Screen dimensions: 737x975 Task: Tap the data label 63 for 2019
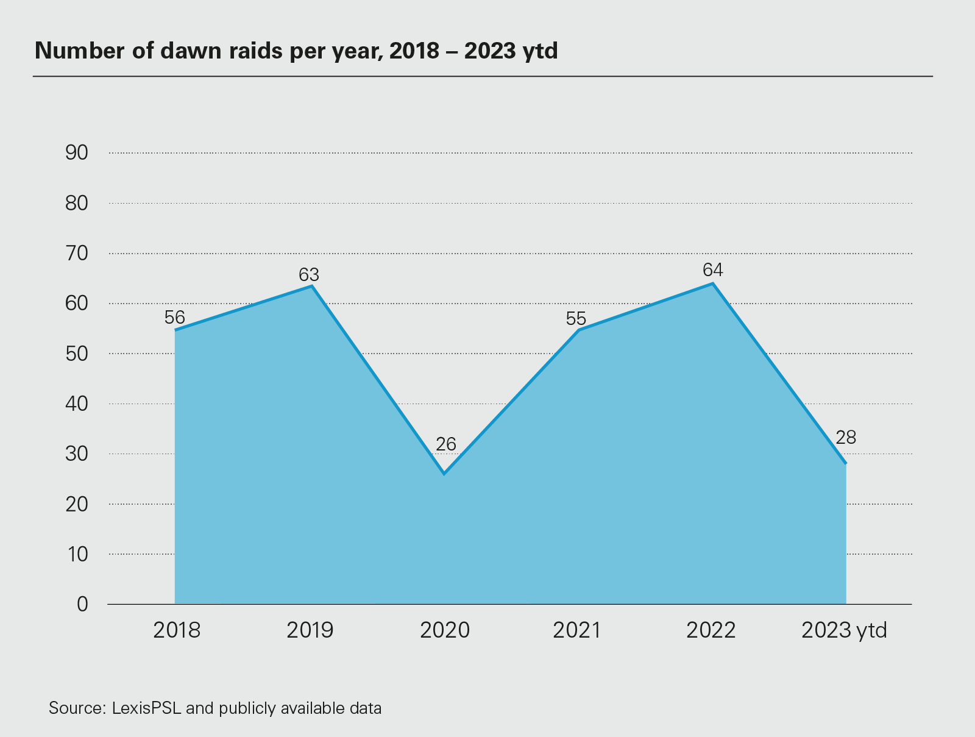click(309, 275)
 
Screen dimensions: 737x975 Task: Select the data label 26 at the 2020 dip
click(446, 444)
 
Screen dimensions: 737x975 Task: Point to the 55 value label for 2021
click(576, 319)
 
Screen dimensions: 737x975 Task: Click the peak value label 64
click(712, 269)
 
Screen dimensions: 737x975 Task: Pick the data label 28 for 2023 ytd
click(846, 437)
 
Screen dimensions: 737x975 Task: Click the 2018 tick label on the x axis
click(177, 630)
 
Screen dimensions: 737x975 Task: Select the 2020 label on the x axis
click(445, 630)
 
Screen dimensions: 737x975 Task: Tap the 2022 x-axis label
click(711, 630)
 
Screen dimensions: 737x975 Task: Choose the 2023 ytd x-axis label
click(844, 630)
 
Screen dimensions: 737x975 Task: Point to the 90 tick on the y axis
click(77, 153)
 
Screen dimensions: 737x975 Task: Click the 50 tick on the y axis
click(77, 354)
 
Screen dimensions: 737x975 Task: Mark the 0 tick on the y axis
click(82, 604)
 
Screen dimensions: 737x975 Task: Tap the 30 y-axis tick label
click(77, 454)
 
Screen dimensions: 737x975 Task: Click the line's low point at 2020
click(444, 473)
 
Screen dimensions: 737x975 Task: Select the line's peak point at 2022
click(712, 283)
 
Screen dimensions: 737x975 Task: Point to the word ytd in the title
click(540, 51)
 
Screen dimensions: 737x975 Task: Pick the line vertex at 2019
click(312, 286)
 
